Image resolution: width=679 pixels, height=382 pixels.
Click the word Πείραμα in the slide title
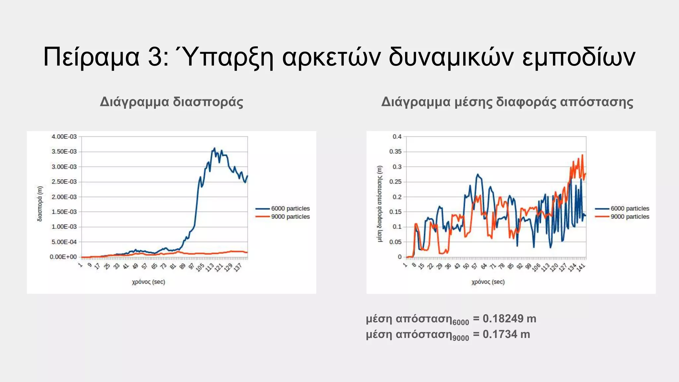[91, 57]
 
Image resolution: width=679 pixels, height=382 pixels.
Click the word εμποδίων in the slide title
[578, 57]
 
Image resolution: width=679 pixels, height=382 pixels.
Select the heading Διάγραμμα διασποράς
[171, 102]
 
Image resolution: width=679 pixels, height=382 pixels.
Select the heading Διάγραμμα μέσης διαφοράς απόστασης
[507, 102]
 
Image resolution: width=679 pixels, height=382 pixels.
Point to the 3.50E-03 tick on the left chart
[64, 152]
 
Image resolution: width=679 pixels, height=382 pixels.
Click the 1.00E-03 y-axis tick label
[64, 227]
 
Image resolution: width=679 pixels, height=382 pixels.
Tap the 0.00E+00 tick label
[63, 257]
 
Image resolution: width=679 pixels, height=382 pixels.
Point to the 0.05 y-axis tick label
[395, 242]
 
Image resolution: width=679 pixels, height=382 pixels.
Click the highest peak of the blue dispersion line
[215, 148]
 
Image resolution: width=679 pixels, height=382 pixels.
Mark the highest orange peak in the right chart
[582, 155]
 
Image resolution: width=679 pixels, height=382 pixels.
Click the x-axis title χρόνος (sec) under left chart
[149, 282]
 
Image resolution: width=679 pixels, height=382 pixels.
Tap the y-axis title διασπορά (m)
[39, 204]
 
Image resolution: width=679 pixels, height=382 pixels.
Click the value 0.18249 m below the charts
[509, 319]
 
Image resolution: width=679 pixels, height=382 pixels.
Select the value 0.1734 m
[506, 334]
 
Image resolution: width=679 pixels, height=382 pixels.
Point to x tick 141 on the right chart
[581, 267]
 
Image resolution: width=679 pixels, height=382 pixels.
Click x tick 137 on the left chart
[238, 267]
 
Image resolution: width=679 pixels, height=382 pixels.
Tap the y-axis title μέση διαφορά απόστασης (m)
[380, 204]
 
